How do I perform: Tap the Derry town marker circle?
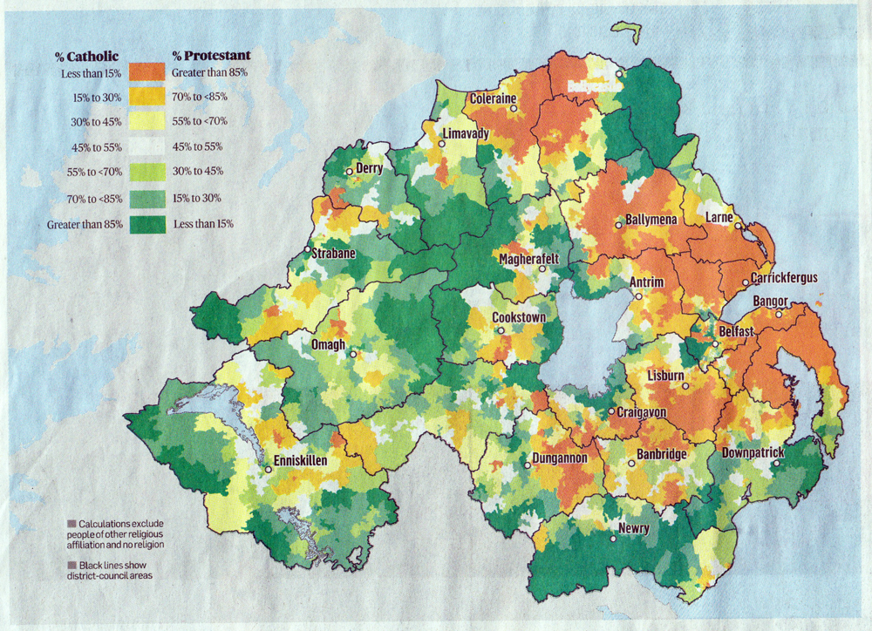(x=350, y=173)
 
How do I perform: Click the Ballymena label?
(x=651, y=221)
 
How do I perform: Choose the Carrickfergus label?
(x=785, y=278)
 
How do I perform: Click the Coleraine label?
(x=494, y=98)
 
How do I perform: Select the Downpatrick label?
(x=753, y=453)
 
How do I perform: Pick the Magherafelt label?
(x=528, y=259)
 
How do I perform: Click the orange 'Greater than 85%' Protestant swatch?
(x=146, y=71)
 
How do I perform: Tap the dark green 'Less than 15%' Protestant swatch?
(x=146, y=224)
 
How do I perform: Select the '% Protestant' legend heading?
(x=211, y=56)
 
